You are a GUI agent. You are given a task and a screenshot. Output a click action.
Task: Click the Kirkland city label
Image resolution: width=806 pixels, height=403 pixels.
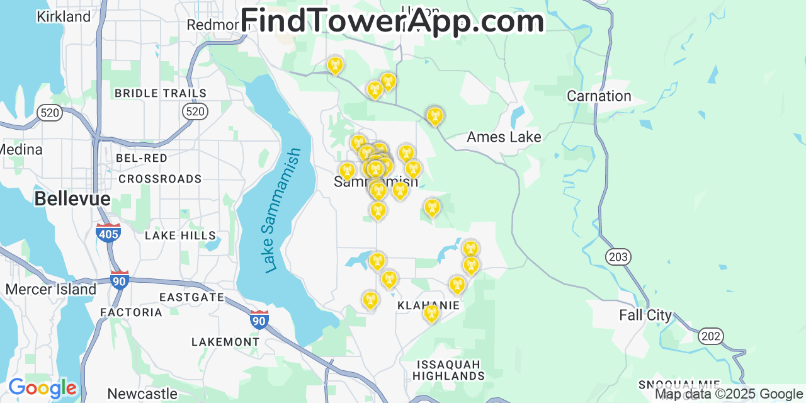[64, 17]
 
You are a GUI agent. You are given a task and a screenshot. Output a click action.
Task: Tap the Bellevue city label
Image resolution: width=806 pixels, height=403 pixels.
[72, 199]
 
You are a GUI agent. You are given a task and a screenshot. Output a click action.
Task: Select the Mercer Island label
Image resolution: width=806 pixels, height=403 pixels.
[50, 290]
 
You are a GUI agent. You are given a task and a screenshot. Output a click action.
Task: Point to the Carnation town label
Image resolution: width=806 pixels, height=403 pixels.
[599, 96]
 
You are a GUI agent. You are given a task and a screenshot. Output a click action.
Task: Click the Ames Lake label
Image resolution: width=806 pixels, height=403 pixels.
[504, 137]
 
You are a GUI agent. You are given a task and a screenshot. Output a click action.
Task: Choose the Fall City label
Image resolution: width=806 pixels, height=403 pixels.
[645, 315]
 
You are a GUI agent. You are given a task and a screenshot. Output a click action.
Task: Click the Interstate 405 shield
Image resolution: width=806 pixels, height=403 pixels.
[108, 233]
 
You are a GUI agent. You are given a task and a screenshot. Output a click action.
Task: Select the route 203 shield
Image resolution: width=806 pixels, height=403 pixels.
[618, 257]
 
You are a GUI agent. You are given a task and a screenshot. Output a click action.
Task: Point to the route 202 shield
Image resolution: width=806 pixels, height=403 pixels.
[711, 336]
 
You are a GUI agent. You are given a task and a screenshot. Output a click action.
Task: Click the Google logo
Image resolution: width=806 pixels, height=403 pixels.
[42, 388]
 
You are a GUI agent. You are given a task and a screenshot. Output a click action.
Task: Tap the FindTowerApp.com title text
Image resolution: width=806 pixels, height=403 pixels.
[392, 21]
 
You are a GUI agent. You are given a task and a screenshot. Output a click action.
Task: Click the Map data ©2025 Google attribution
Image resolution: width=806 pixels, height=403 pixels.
[729, 394]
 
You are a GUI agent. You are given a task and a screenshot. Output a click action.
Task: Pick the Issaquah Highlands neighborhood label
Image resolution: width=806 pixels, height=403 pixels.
[449, 370]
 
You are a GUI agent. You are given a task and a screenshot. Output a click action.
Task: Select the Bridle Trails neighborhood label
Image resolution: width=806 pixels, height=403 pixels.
[160, 93]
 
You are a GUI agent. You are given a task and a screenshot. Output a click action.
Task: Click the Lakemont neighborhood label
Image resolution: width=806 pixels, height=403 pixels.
[225, 342]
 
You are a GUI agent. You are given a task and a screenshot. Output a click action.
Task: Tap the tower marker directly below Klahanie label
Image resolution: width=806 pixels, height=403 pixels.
[431, 313]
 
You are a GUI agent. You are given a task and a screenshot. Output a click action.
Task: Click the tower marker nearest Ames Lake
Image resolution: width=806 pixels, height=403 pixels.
[434, 116]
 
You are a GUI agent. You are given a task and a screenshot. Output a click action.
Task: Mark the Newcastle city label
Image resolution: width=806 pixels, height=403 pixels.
[142, 394]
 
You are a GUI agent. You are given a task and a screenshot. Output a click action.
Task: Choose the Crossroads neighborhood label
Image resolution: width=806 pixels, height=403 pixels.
[160, 179]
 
